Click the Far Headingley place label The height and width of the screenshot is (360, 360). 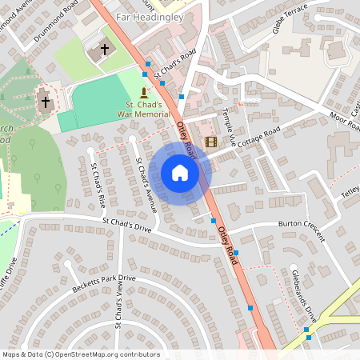[149, 14]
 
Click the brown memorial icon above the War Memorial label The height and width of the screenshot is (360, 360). [144, 93]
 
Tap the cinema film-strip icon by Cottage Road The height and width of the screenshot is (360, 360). [211, 142]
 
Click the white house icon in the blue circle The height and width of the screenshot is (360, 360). [180, 173]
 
